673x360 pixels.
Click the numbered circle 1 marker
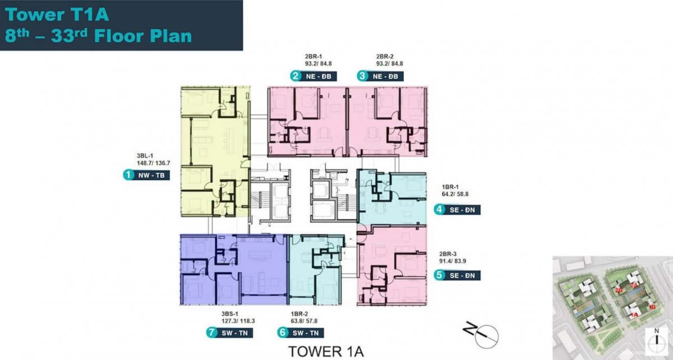[x=128, y=176]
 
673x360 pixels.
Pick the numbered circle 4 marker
[x=439, y=210]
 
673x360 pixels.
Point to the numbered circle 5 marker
[x=439, y=275]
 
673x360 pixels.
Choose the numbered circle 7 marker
[x=212, y=333]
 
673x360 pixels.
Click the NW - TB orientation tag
[x=151, y=176]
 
